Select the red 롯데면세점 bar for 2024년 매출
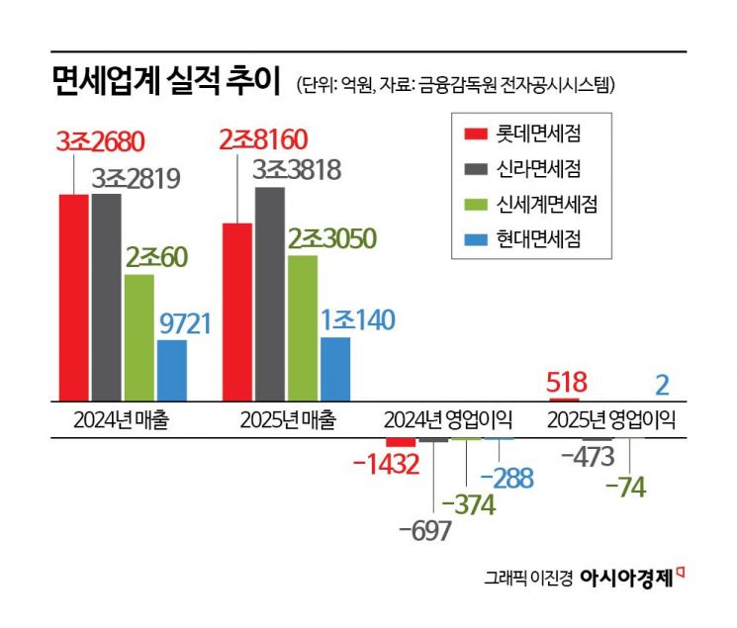click(x=74, y=297)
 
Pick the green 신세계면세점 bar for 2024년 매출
click(x=139, y=337)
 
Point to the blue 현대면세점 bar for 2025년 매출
click(x=335, y=370)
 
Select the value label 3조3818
click(x=297, y=170)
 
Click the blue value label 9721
click(x=185, y=322)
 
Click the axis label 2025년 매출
click(x=287, y=420)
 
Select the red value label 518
click(x=568, y=383)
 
